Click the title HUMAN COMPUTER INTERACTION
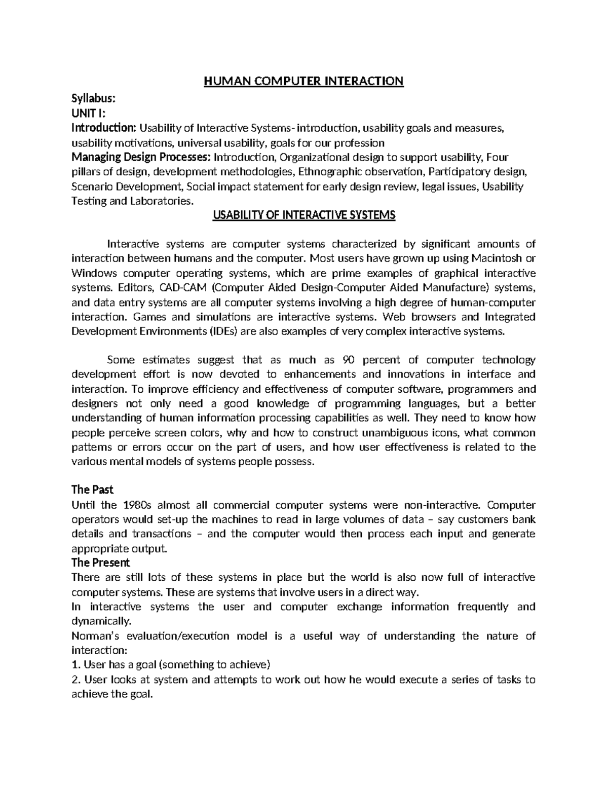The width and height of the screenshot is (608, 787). coord(303,81)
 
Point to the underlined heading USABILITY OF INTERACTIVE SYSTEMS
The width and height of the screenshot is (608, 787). coord(303,215)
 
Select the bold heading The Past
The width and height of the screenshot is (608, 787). coord(92,490)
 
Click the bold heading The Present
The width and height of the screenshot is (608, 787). coord(101,563)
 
